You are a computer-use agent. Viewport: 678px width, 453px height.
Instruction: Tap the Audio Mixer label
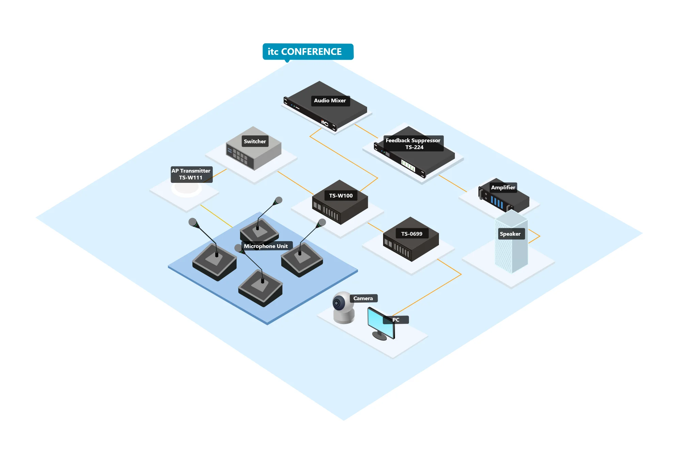click(x=330, y=101)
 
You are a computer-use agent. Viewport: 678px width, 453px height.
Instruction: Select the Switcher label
click(x=255, y=141)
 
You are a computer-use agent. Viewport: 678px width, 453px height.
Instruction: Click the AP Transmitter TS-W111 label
click(x=191, y=174)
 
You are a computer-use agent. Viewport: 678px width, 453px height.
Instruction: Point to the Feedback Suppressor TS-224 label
click(x=413, y=144)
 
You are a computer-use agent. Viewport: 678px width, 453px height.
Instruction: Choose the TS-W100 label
click(x=341, y=195)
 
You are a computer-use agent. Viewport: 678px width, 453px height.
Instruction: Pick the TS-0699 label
click(x=411, y=234)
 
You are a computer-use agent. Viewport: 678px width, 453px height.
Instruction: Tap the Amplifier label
click(x=503, y=187)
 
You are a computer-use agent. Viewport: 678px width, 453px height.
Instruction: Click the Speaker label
click(x=510, y=234)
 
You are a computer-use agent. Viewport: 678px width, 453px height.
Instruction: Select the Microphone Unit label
click(x=266, y=246)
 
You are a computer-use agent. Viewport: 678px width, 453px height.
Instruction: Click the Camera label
click(x=363, y=298)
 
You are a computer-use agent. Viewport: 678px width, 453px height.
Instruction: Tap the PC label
click(x=396, y=320)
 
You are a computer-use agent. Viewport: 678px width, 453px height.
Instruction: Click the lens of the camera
click(x=337, y=303)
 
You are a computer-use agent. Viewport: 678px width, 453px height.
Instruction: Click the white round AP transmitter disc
click(x=186, y=188)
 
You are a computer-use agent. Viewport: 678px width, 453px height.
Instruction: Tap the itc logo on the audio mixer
click(x=325, y=123)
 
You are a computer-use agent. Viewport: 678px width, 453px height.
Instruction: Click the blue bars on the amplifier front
click(x=497, y=202)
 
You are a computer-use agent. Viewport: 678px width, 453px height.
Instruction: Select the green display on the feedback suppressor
click(x=408, y=165)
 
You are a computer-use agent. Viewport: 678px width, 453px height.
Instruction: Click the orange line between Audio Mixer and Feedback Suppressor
click(x=366, y=131)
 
